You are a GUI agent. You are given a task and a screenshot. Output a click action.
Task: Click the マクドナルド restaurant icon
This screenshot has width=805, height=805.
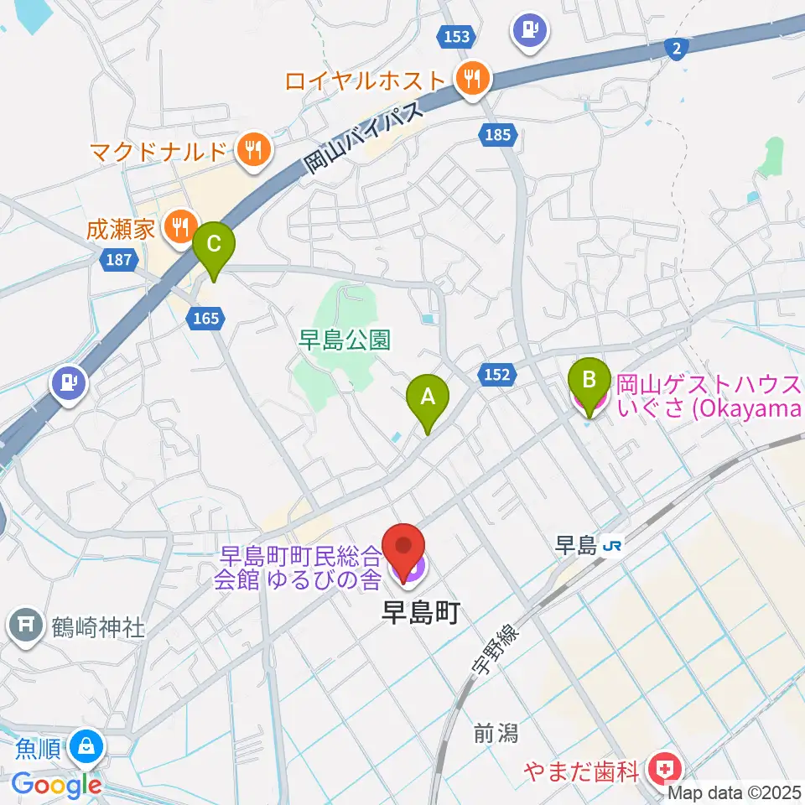click(x=252, y=151)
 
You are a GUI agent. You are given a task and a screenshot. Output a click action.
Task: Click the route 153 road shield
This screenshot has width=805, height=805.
click(x=456, y=36)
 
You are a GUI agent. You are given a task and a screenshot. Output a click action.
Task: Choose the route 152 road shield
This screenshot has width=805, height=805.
click(x=496, y=376)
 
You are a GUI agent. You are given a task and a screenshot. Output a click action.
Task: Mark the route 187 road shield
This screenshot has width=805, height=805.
click(x=119, y=260)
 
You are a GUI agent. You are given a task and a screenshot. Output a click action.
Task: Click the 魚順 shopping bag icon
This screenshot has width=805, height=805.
click(x=86, y=745)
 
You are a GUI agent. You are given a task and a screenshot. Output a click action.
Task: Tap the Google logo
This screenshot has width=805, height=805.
click(x=56, y=784)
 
